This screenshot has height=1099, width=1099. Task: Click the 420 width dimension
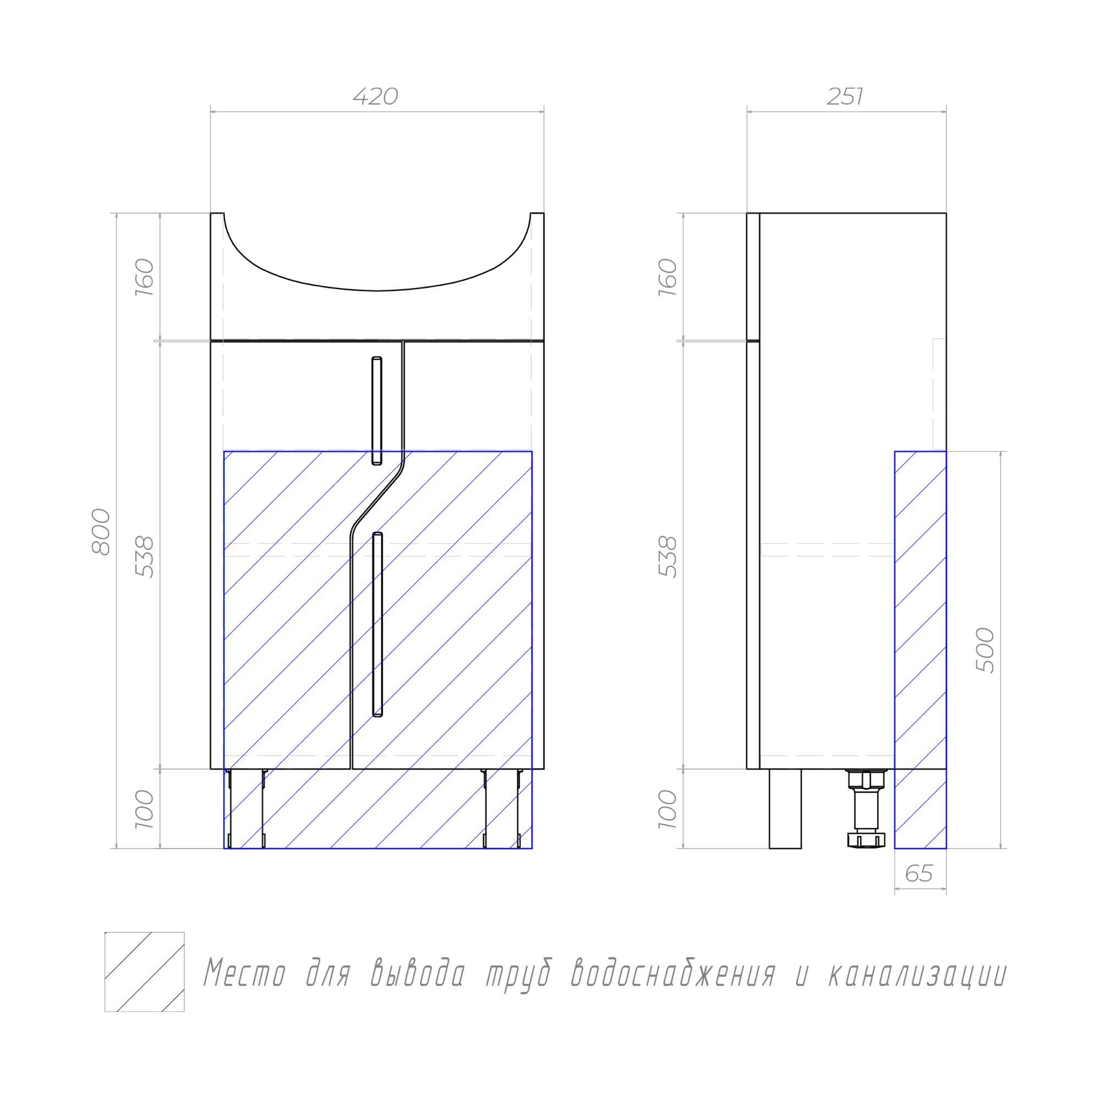[x=375, y=97]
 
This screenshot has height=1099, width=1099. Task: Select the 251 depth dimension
[x=845, y=97]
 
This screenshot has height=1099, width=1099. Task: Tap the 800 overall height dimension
[x=101, y=531]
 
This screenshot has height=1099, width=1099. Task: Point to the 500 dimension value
[x=985, y=650]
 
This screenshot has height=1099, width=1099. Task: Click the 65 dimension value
[x=919, y=873]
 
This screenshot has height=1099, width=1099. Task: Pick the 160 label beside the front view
[x=145, y=277]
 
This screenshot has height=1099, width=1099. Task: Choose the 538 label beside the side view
[x=668, y=557]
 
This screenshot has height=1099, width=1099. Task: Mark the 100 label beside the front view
[x=145, y=809]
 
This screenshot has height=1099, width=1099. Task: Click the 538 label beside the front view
[x=145, y=557]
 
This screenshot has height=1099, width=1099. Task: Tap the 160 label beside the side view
[x=668, y=277]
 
